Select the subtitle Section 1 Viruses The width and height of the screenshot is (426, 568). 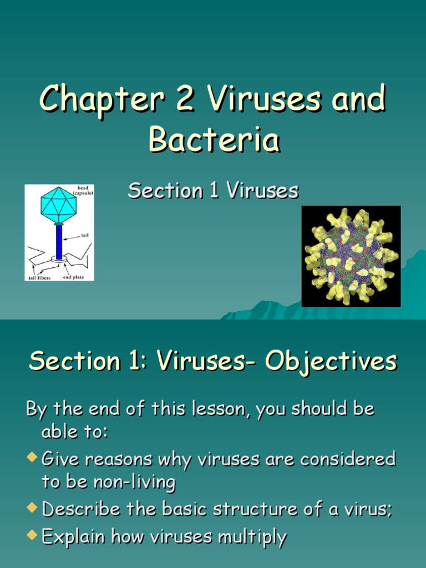(214, 191)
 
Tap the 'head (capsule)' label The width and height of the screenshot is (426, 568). (84, 190)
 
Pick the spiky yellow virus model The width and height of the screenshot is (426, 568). (351, 256)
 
